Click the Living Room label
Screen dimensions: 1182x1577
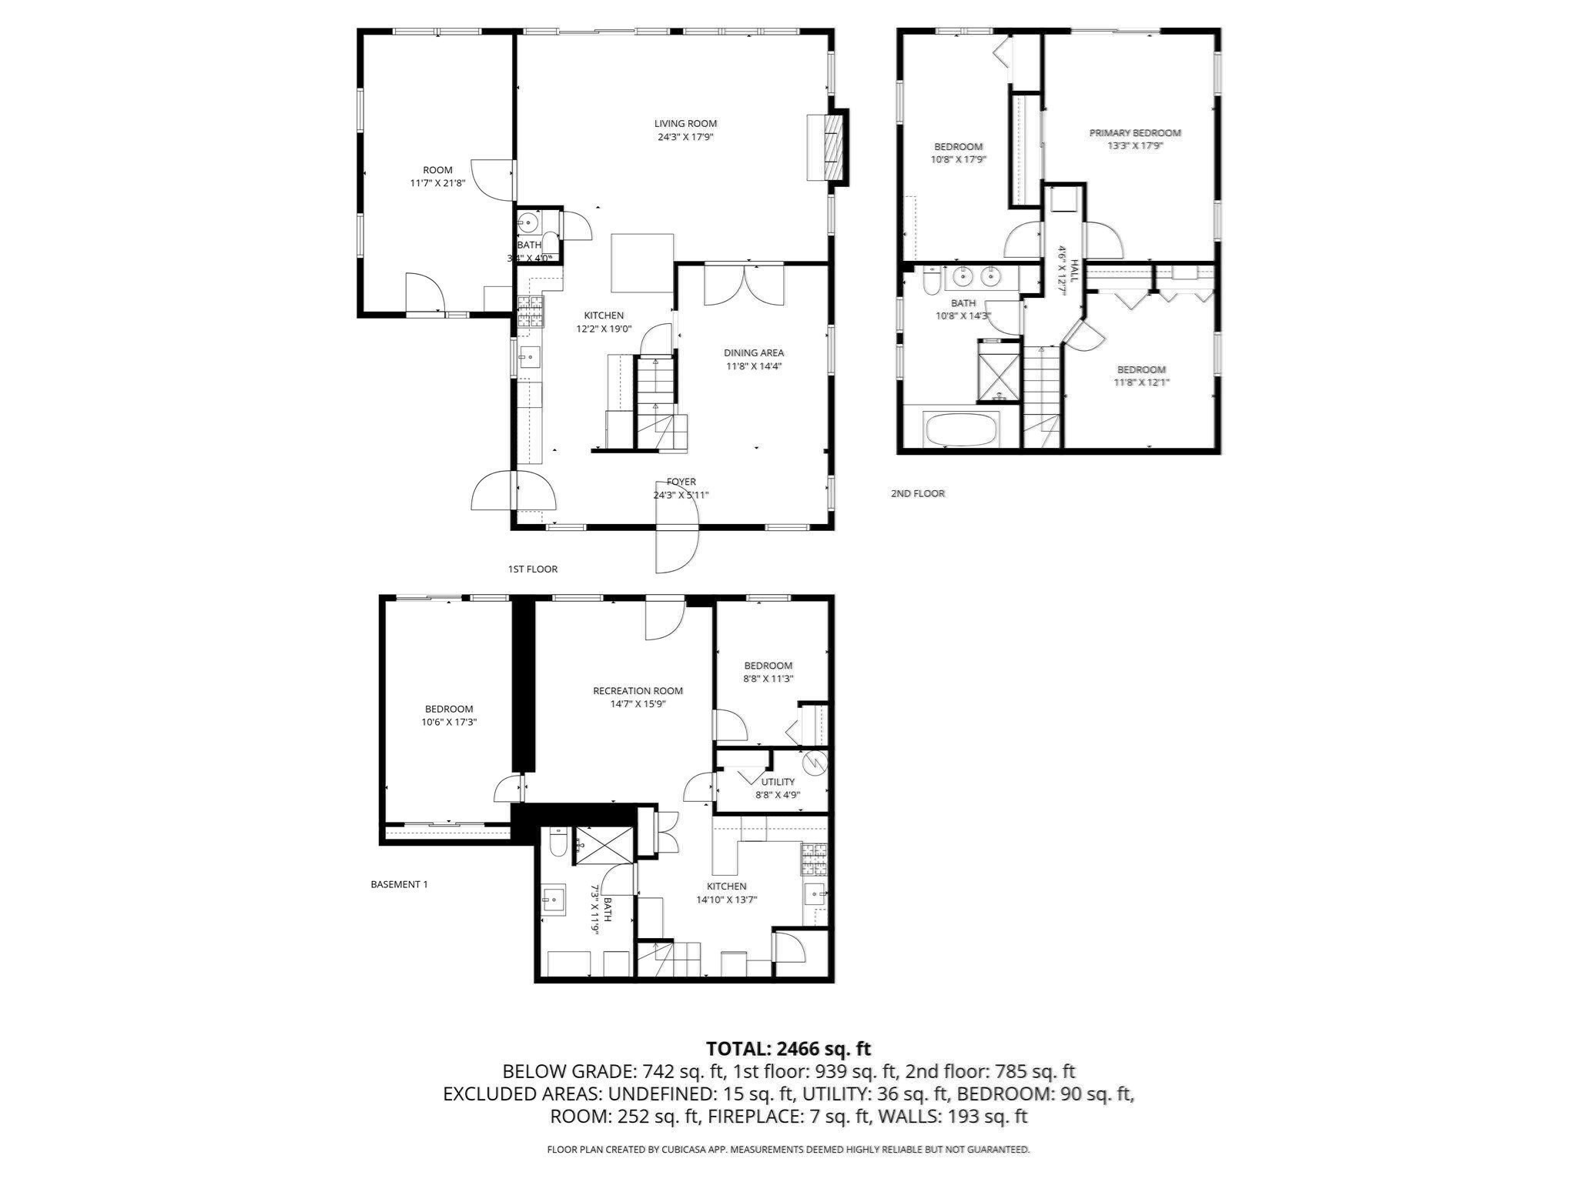click(x=685, y=124)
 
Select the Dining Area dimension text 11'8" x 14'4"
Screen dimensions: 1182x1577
click(x=754, y=366)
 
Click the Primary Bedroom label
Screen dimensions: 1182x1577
click(x=1134, y=133)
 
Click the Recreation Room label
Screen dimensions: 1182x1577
click(x=638, y=691)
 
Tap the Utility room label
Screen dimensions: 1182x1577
click(x=778, y=782)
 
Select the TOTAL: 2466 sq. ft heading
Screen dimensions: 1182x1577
click(x=788, y=1048)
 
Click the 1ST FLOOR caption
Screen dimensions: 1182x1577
click(x=532, y=569)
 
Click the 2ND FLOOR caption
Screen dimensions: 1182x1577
click(x=917, y=493)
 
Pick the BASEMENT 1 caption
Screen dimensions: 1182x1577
click(x=399, y=884)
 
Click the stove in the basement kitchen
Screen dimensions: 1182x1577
click(x=815, y=860)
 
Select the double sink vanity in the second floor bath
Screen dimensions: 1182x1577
click(x=976, y=275)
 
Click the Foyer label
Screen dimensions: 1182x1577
click(x=681, y=482)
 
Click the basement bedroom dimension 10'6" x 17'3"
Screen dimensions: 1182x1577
click(x=449, y=723)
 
